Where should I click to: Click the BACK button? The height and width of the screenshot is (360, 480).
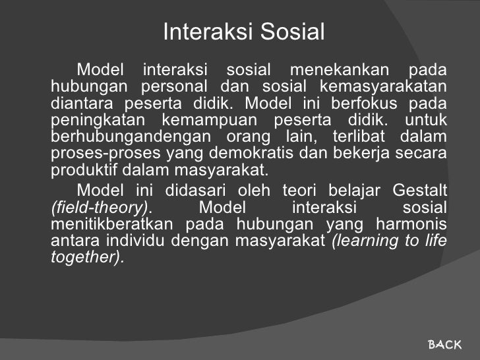click(x=445, y=344)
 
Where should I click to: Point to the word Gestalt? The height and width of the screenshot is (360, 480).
click(x=419, y=191)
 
